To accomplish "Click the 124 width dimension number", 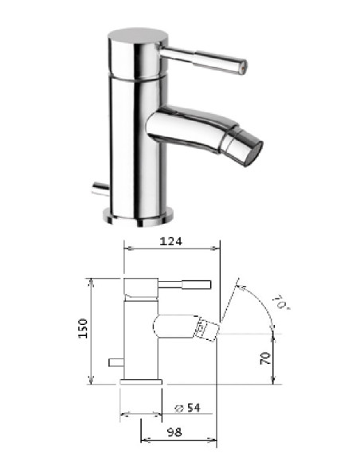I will tap(169, 240).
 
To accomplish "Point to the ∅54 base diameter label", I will tap(186, 408).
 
